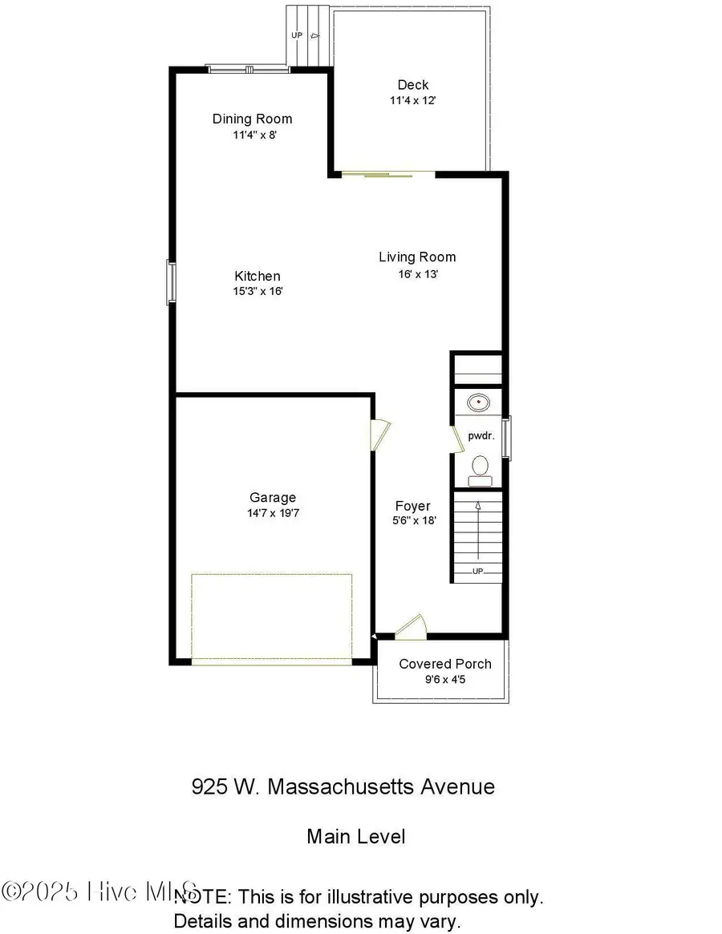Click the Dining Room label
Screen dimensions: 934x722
click(x=252, y=119)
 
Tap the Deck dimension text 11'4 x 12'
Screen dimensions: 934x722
click(x=412, y=101)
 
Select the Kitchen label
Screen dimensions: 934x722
click(x=258, y=276)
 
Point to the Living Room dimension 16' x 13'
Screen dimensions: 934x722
click(x=417, y=274)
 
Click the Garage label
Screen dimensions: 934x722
click(x=272, y=498)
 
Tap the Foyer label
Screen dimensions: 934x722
click(x=412, y=506)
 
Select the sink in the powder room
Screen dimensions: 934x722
click(x=480, y=401)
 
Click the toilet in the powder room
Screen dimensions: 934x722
click(x=481, y=467)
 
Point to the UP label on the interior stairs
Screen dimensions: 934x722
click(x=477, y=572)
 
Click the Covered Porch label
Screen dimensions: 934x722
click(x=445, y=664)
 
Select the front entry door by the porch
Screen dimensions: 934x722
click(x=411, y=627)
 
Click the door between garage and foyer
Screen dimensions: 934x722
click(x=380, y=436)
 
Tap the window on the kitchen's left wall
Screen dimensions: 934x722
click(x=170, y=281)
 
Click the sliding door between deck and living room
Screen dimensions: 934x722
click(x=389, y=173)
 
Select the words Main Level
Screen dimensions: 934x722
click(x=355, y=836)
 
